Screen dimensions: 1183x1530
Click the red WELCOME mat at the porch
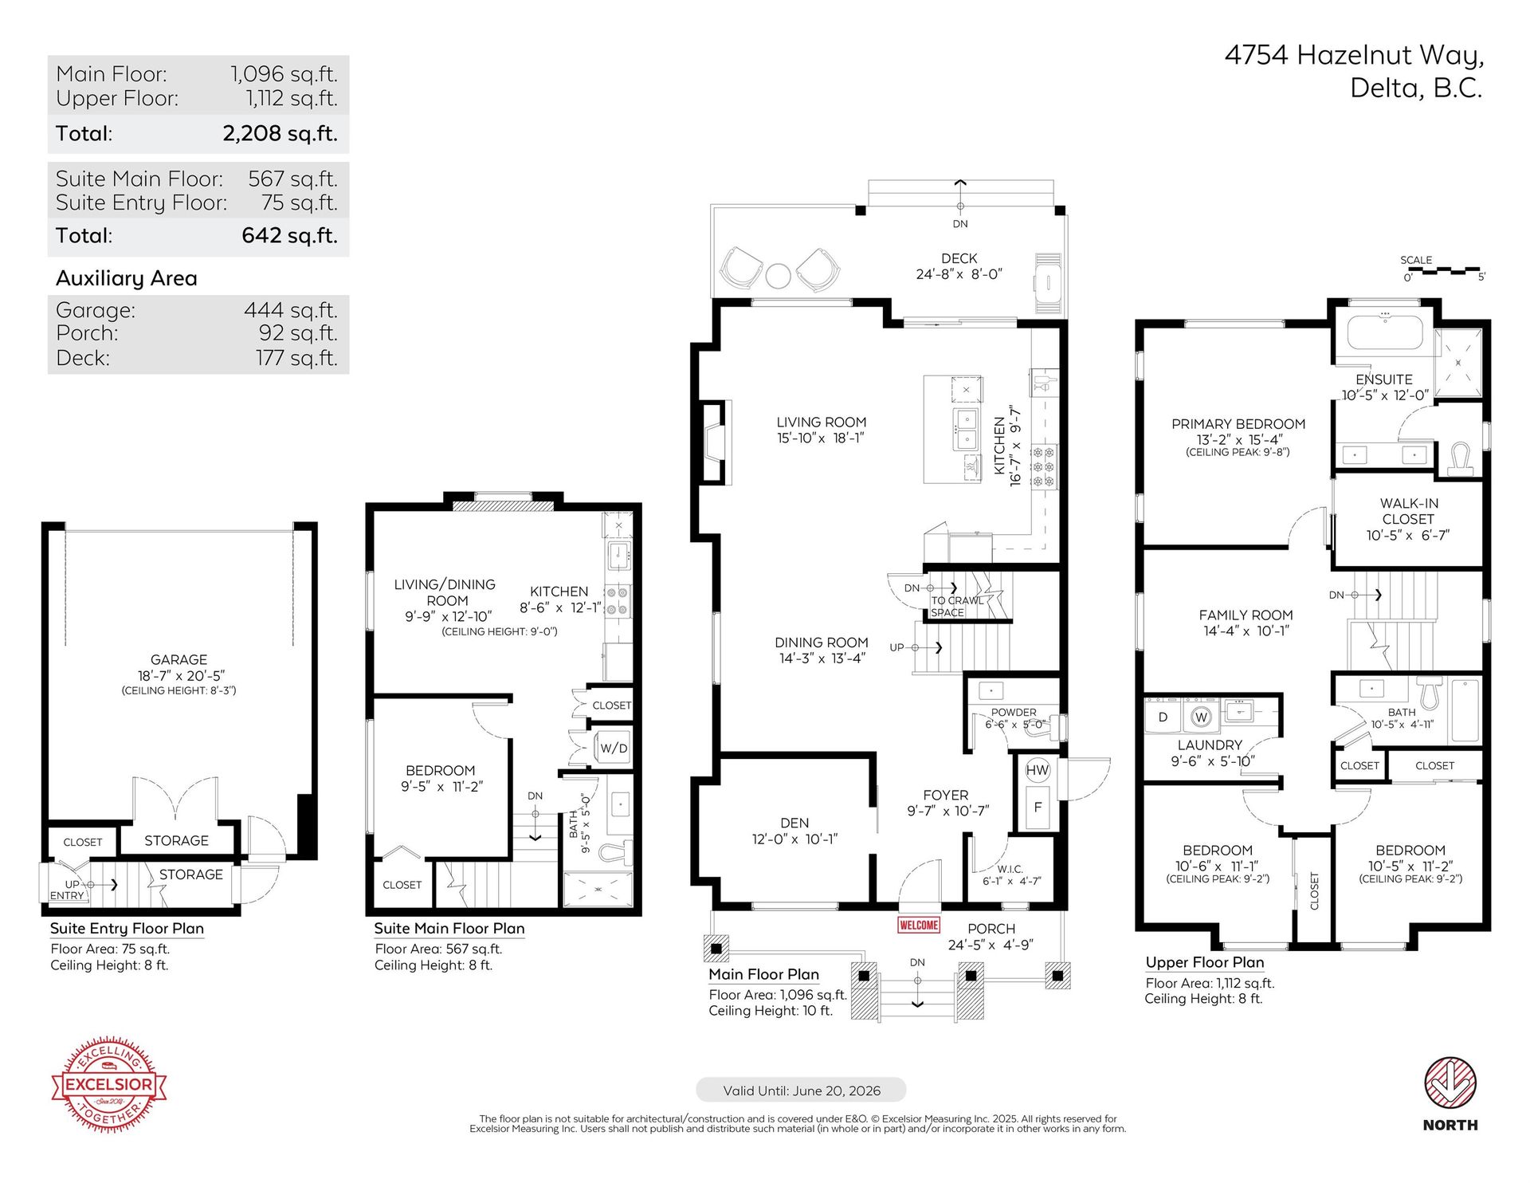click(x=918, y=925)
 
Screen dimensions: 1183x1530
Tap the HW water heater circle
click(x=1038, y=770)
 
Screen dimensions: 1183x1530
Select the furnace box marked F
click(x=1038, y=807)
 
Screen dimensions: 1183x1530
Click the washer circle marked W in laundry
click(x=1201, y=717)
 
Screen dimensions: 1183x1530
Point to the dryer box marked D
click(x=1163, y=717)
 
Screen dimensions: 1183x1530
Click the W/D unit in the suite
click(x=613, y=749)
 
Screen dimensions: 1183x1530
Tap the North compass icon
click(x=1450, y=1083)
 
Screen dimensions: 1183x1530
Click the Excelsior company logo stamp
click(x=109, y=1084)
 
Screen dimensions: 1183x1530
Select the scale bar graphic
click(x=1443, y=271)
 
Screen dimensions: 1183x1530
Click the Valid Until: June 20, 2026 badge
click(x=801, y=1091)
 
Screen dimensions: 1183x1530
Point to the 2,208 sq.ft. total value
click(x=280, y=133)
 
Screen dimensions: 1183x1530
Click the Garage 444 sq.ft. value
click(x=290, y=309)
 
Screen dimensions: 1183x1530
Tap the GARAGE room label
click(x=178, y=659)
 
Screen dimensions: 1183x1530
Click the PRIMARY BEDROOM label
click(x=1238, y=424)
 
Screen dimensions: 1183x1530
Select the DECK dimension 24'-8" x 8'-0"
click(x=959, y=273)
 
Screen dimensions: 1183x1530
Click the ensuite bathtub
click(x=1384, y=332)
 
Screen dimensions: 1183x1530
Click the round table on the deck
click(x=778, y=276)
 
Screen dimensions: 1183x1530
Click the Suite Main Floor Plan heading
click(x=449, y=928)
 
